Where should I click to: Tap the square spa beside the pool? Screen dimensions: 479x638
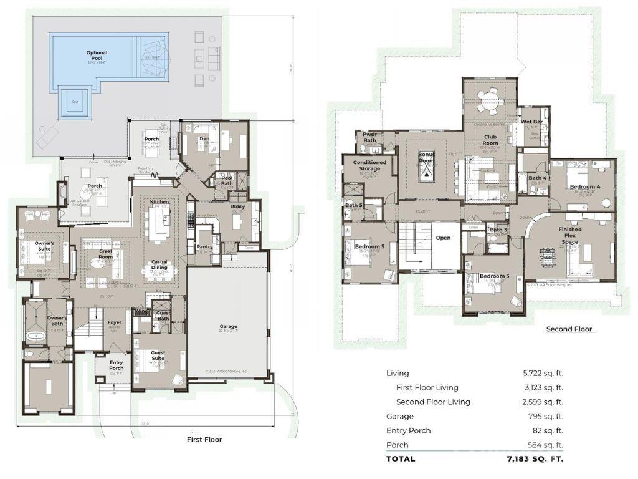[x=74, y=103]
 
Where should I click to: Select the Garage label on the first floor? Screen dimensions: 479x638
[x=228, y=326]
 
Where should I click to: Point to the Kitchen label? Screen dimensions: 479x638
[x=159, y=202]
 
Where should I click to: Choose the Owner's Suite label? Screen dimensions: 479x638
[x=44, y=246]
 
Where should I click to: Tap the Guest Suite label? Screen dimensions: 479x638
[x=158, y=356]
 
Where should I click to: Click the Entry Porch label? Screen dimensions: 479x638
[x=117, y=365]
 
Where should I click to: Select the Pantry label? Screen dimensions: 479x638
[x=204, y=247]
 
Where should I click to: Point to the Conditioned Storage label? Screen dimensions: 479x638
[x=370, y=165]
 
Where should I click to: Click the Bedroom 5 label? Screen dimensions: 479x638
[x=370, y=246]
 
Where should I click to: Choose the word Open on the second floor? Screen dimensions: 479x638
[x=443, y=238]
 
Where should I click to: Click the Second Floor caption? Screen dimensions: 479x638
[x=569, y=329]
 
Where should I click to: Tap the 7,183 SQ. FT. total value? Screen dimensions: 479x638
[x=535, y=458]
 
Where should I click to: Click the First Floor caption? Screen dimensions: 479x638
[x=204, y=439]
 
